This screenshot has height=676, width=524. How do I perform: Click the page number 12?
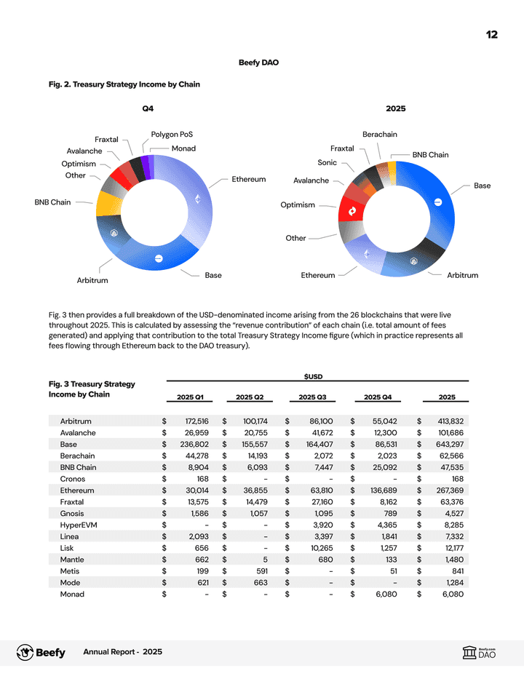click(492, 34)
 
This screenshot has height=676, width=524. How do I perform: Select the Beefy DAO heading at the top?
click(258, 63)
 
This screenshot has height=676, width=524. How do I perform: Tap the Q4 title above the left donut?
click(148, 108)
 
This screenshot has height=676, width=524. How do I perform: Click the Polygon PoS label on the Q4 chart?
click(172, 135)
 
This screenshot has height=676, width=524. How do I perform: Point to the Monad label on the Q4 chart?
click(183, 148)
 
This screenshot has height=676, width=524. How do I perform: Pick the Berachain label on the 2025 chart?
click(380, 135)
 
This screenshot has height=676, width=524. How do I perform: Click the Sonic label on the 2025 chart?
click(327, 163)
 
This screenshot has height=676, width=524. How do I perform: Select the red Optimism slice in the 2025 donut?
click(352, 210)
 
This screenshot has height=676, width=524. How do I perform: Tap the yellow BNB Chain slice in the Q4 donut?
click(108, 203)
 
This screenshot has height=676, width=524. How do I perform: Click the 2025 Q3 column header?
click(311, 397)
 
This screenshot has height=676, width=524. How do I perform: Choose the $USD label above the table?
click(313, 376)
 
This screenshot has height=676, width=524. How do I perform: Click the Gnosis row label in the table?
click(73, 514)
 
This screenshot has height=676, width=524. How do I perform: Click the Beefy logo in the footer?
click(41, 652)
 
